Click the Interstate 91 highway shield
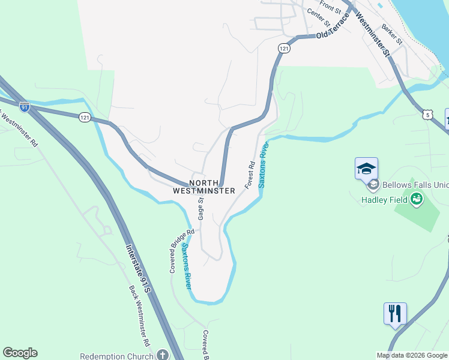click(25, 107)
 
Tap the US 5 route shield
click(427, 114)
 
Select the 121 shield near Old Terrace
click(284, 47)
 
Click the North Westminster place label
click(203, 187)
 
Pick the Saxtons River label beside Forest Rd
click(262, 165)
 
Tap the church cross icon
click(161, 355)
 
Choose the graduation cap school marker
click(366, 168)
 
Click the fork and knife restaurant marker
click(395, 314)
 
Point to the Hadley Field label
click(385, 200)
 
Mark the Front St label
click(330, 7)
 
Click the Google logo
click(20, 353)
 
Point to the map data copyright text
click(412, 355)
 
